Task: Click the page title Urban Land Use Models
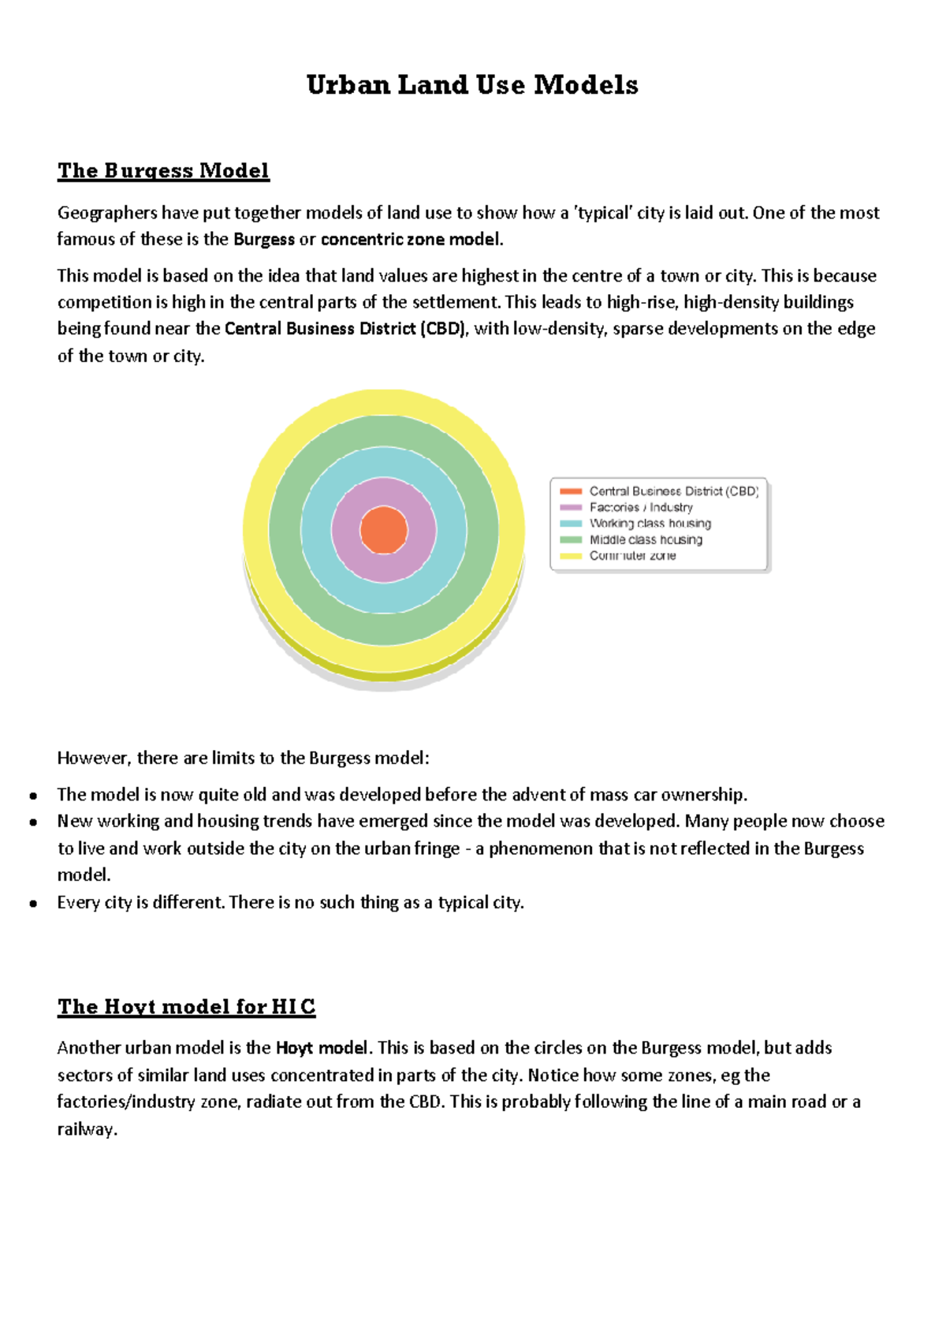[x=472, y=85]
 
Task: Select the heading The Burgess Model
[x=163, y=171]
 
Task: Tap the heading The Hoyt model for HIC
[x=186, y=1007]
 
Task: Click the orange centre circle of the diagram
[x=384, y=530]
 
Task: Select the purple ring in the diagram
[x=384, y=492]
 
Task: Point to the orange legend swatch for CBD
[x=571, y=491]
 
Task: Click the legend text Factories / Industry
[x=641, y=508]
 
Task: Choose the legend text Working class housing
[x=650, y=524]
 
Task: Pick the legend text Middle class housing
[x=646, y=540]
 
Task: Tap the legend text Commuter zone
[x=632, y=556]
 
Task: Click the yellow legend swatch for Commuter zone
[x=571, y=556]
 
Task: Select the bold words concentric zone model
[x=411, y=240]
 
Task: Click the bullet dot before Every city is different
[x=33, y=904]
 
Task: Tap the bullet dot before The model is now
[x=33, y=796]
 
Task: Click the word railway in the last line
[x=87, y=1130]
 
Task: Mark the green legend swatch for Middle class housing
[x=571, y=540]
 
